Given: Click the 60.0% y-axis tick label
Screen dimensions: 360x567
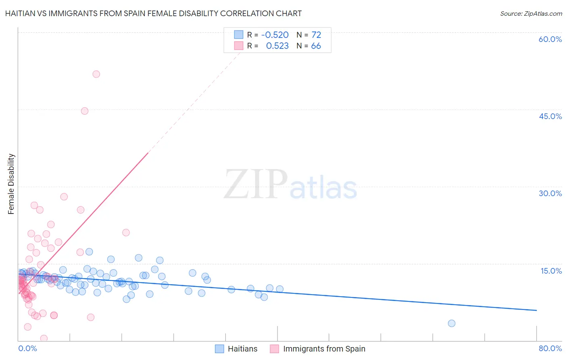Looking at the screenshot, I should pos(550,39).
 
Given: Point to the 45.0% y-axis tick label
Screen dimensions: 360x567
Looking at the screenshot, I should pos(550,116).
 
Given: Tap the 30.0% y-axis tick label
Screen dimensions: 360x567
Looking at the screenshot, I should pos(550,193).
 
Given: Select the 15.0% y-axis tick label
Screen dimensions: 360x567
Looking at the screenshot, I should pos(551,271).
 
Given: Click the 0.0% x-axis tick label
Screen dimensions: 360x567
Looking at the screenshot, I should pos(27,348).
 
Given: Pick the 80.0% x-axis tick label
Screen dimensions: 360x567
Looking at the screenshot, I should pos(550,348).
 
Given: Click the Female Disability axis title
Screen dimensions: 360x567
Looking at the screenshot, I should pos(11,184).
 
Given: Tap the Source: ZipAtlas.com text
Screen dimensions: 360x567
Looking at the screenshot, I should pos(531,13).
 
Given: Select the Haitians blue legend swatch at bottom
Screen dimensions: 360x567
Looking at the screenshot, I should pos(219,349).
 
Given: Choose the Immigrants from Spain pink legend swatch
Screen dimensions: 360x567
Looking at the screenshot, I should pos(275,349).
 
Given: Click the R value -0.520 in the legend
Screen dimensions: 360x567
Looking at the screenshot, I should pos(275,35).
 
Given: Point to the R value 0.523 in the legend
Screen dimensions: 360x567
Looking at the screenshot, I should pos(277,46).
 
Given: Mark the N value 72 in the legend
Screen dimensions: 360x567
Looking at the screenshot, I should pos(316,35).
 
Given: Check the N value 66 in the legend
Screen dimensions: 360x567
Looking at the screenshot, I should pos(316,46).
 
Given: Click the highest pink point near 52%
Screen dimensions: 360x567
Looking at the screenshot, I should pos(96,74).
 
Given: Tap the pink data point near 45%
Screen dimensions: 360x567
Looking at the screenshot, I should pos(84,111).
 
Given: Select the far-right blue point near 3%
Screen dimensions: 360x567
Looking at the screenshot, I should pos(452,323).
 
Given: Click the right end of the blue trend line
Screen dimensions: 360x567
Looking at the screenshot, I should pos(536,310).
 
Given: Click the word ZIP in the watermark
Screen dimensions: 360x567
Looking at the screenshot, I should pos(255,184).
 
